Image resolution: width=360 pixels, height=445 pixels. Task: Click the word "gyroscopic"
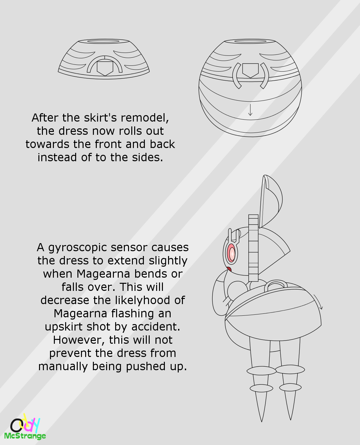pyautogui.click(x=77, y=248)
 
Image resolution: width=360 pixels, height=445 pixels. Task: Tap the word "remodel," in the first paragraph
pyautogui.click(x=145, y=118)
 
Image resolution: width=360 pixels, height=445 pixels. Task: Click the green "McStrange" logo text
pyautogui.click(x=25, y=436)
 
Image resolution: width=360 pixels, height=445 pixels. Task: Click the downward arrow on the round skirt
pyautogui.click(x=250, y=110)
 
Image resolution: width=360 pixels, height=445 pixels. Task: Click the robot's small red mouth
pyautogui.click(x=229, y=269)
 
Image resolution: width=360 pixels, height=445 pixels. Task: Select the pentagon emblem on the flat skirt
pyautogui.click(x=105, y=68)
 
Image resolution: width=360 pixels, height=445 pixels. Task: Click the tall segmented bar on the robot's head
pyautogui.click(x=254, y=248)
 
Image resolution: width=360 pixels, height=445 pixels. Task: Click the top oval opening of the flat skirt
pyautogui.click(x=104, y=41)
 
